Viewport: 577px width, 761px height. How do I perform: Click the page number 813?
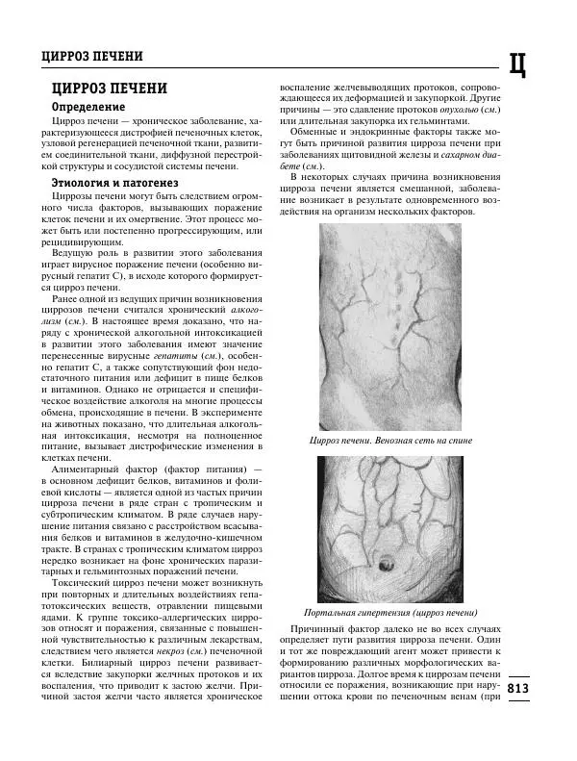pos(517,689)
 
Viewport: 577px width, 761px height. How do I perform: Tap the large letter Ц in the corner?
pos(516,63)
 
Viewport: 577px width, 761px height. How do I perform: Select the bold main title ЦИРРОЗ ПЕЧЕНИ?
pos(109,89)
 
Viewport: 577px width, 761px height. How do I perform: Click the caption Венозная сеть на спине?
pos(389,441)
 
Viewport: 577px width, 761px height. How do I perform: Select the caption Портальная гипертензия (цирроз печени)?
pos(389,612)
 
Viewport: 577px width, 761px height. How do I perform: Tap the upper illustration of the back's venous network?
pos(389,327)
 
